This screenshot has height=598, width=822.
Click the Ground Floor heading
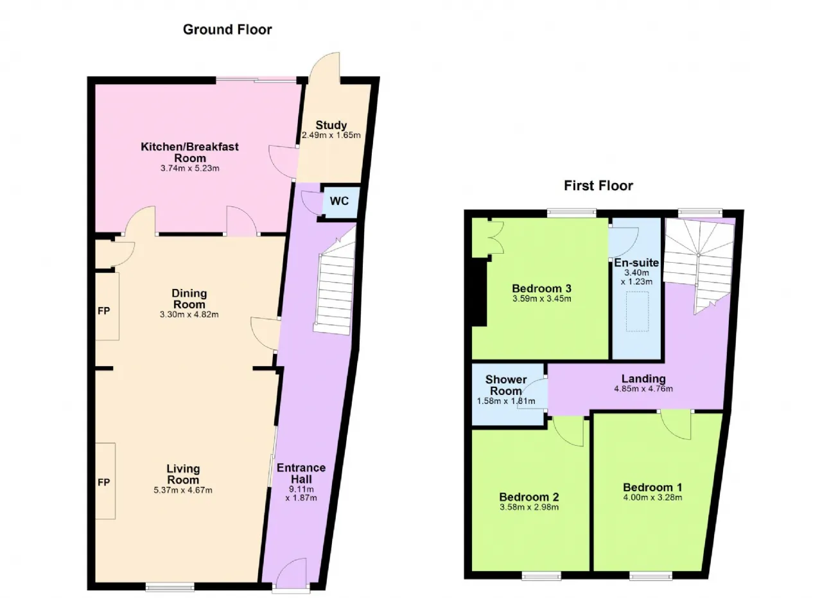tap(227, 30)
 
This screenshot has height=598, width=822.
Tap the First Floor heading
tap(599, 186)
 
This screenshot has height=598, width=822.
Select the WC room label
tap(339, 201)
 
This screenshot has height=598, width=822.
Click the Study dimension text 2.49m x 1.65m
tap(331, 135)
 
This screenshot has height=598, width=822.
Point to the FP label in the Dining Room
tap(104, 311)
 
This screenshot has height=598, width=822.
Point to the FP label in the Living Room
tap(104, 482)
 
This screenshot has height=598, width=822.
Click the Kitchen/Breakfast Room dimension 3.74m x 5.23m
tap(189, 168)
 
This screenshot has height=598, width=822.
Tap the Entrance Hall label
tap(301, 473)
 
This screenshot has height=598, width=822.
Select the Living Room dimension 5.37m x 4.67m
tap(183, 490)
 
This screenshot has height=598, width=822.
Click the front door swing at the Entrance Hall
tap(292, 574)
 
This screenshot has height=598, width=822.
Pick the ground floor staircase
tap(335, 282)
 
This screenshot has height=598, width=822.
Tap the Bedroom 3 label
tap(541, 288)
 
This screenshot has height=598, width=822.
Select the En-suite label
tap(636, 263)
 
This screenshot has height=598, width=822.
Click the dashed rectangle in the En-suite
tap(638, 312)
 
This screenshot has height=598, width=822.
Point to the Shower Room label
tap(505, 385)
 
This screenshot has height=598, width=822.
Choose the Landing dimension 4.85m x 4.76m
tap(643, 389)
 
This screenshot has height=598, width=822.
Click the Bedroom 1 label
tap(652, 487)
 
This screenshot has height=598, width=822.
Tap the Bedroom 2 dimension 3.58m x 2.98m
tap(529, 507)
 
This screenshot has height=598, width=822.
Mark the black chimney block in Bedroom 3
tap(479, 292)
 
